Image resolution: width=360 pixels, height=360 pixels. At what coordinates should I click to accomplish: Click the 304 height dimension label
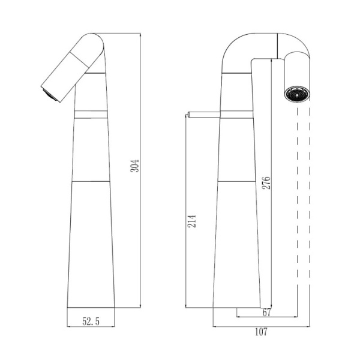tap(135, 166)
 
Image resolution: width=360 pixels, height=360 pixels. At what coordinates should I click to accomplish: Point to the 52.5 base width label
tap(91, 322)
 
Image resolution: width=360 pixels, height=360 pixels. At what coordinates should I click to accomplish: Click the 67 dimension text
tap(267, 313)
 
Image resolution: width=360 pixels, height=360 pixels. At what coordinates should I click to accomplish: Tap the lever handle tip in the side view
tap(188, 114)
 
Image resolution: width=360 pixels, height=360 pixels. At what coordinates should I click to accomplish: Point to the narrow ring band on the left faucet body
tap(91, 114)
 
